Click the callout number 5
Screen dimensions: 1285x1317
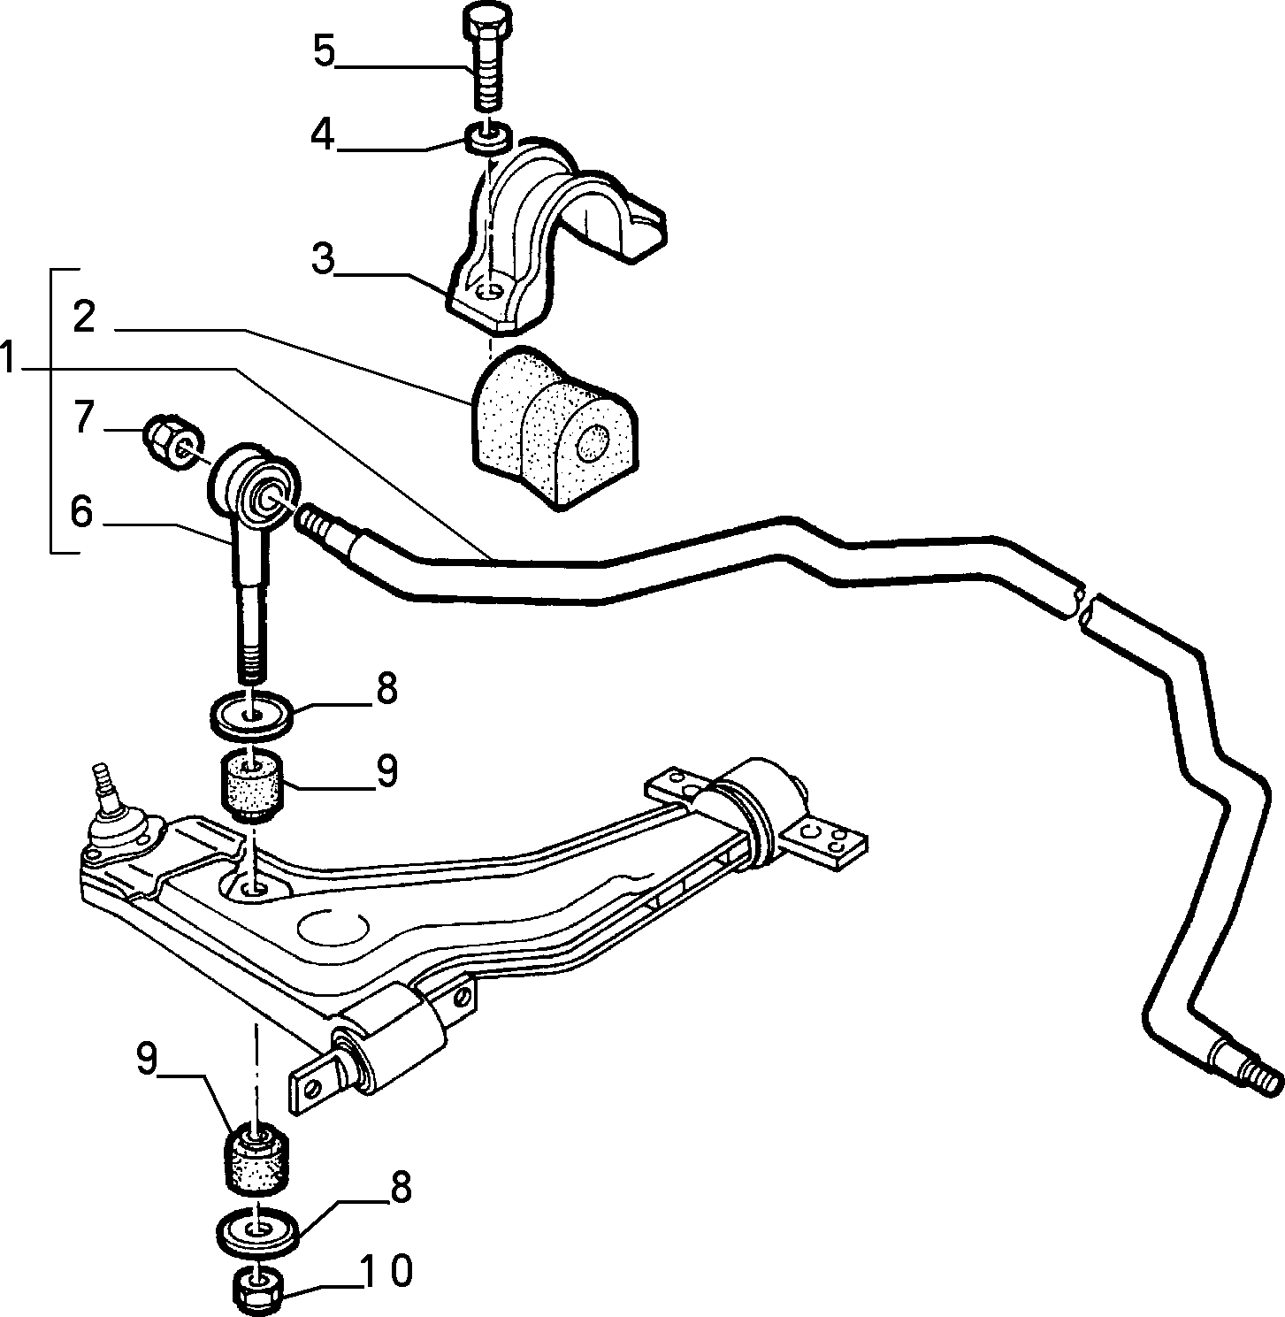point(325,52)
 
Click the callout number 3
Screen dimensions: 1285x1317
point(324,259)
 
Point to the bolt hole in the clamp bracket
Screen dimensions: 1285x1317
point(489,293)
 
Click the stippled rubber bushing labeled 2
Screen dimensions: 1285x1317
point(553,426)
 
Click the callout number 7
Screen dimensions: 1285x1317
point(83,417)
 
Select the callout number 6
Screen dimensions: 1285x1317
point(81,512)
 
